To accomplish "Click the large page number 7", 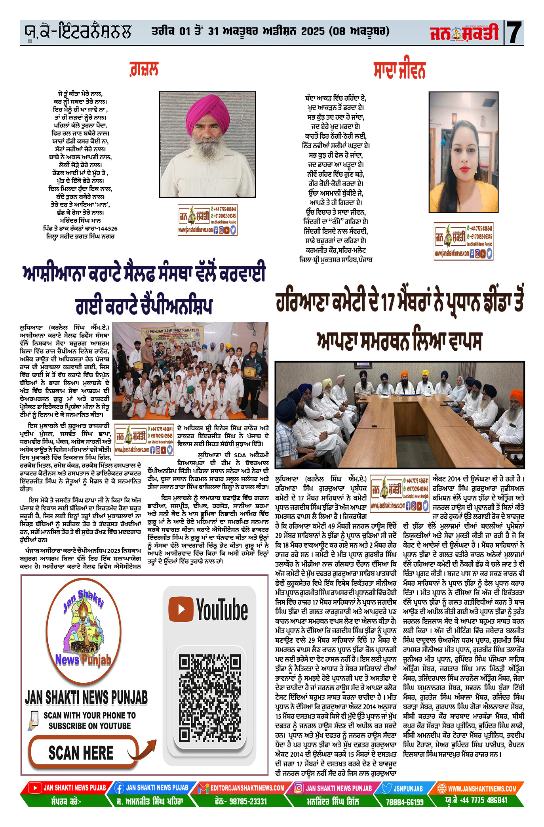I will coord(515,32).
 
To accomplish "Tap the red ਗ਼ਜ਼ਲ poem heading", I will coord(144,69).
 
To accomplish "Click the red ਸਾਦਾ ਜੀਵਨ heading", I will coord(399,71).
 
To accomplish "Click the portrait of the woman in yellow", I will coord(463,152).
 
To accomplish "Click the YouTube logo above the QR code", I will coord(209,610).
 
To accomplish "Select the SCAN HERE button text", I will coord(81,753).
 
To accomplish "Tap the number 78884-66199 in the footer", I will coord(405,802).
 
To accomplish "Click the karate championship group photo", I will coord(190,371).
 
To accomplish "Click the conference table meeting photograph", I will coord(399,414).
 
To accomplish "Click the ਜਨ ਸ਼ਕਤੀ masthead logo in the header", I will coord(465,32).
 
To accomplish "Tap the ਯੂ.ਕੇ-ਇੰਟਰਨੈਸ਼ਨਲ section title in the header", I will coord(77,32).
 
